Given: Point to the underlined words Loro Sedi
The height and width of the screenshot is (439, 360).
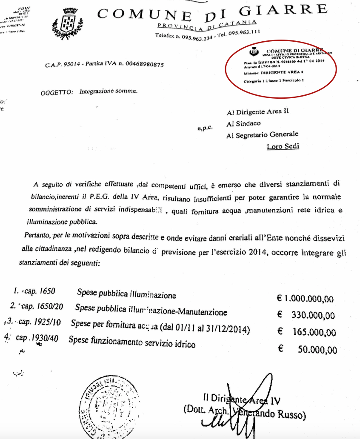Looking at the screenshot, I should pyautogui.click(x=283, y=146).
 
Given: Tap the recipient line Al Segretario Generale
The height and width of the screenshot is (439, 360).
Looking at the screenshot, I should pyautogui.click(x=262, y=134).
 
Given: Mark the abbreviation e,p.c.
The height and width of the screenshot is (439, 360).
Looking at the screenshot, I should pyautogui.click(x=205, y=126).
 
